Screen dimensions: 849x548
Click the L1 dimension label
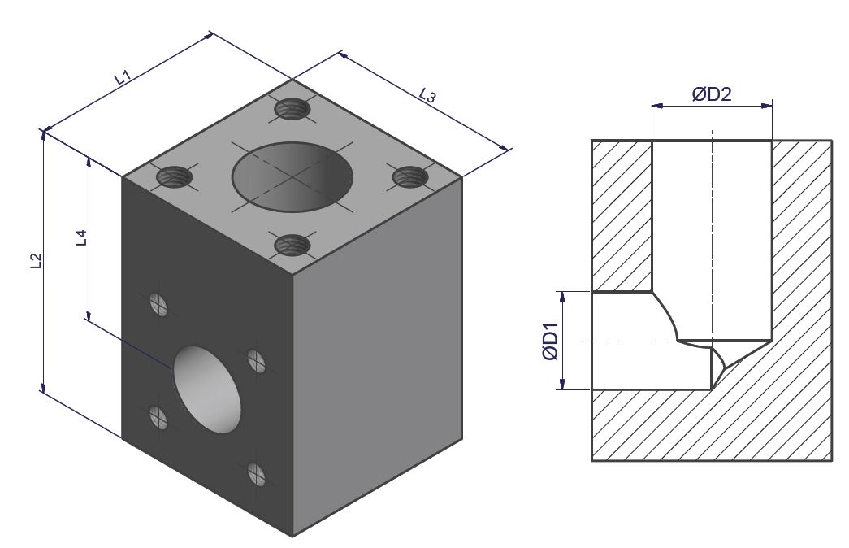click(123, 76)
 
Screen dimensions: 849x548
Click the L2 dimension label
click(36, 261)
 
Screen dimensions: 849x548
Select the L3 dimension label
click(427, 95)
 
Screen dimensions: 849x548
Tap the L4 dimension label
click(81, 237)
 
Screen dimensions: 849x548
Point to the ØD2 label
click(712, 94)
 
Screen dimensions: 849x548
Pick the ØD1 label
click(550, 340)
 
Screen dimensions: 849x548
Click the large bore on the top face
click(292, 176)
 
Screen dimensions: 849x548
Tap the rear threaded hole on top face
click(292, 110)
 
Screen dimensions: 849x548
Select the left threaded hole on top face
click(175, 176)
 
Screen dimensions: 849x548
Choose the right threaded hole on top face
click(410, 176)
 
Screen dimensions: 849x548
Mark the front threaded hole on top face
click(292, 245)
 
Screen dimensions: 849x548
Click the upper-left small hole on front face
click(158, 304)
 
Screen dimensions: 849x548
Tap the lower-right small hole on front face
click(257, 474)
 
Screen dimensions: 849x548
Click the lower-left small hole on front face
click(158, 417)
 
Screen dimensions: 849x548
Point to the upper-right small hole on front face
click(257, 361)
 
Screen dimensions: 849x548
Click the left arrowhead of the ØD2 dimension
click(657, 106)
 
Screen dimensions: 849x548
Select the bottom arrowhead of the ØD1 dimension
click(563, 384)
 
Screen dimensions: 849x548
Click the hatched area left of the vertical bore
click(622, 216)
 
